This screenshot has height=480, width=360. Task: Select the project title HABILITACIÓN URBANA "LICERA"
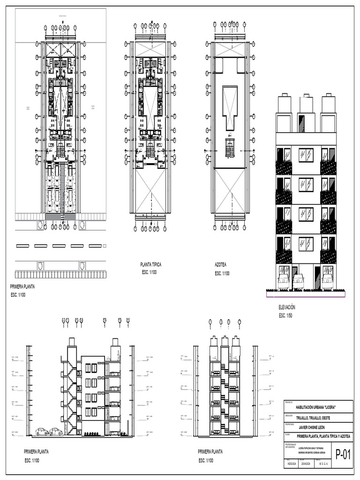click(x=316, y=407)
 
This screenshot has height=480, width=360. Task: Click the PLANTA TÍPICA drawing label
click(x=150, y=265)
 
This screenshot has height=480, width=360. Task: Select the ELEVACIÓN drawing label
click(x=287, y=307)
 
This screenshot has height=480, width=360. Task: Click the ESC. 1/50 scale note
click(x=285, y=316)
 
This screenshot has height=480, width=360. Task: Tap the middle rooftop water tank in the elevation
click(x=307, y=105)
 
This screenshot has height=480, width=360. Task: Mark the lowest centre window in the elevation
click(x=306, y=243)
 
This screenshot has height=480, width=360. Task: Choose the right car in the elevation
click(x=327, y=281)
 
